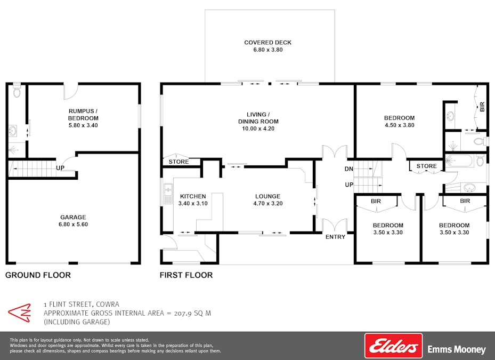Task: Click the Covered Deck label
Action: point(267,42)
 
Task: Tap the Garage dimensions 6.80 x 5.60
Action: point(73,225)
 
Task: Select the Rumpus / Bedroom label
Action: point(83,115)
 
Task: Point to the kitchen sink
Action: point(168,193)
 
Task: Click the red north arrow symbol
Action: point(20,313)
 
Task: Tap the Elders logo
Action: point(393,346)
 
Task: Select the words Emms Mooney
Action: point(457,349)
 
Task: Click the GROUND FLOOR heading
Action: point(38,275)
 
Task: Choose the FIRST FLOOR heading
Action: point(186,275)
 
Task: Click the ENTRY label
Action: point(335,237)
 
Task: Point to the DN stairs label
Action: point(348,169)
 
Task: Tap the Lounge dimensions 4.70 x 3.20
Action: point(267,203)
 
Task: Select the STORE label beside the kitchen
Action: point(178,162)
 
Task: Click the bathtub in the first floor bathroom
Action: point(459,161)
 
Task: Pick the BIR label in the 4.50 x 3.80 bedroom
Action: point(482,107)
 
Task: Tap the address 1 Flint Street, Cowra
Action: point(82,305)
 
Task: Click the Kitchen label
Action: point(193,196)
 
